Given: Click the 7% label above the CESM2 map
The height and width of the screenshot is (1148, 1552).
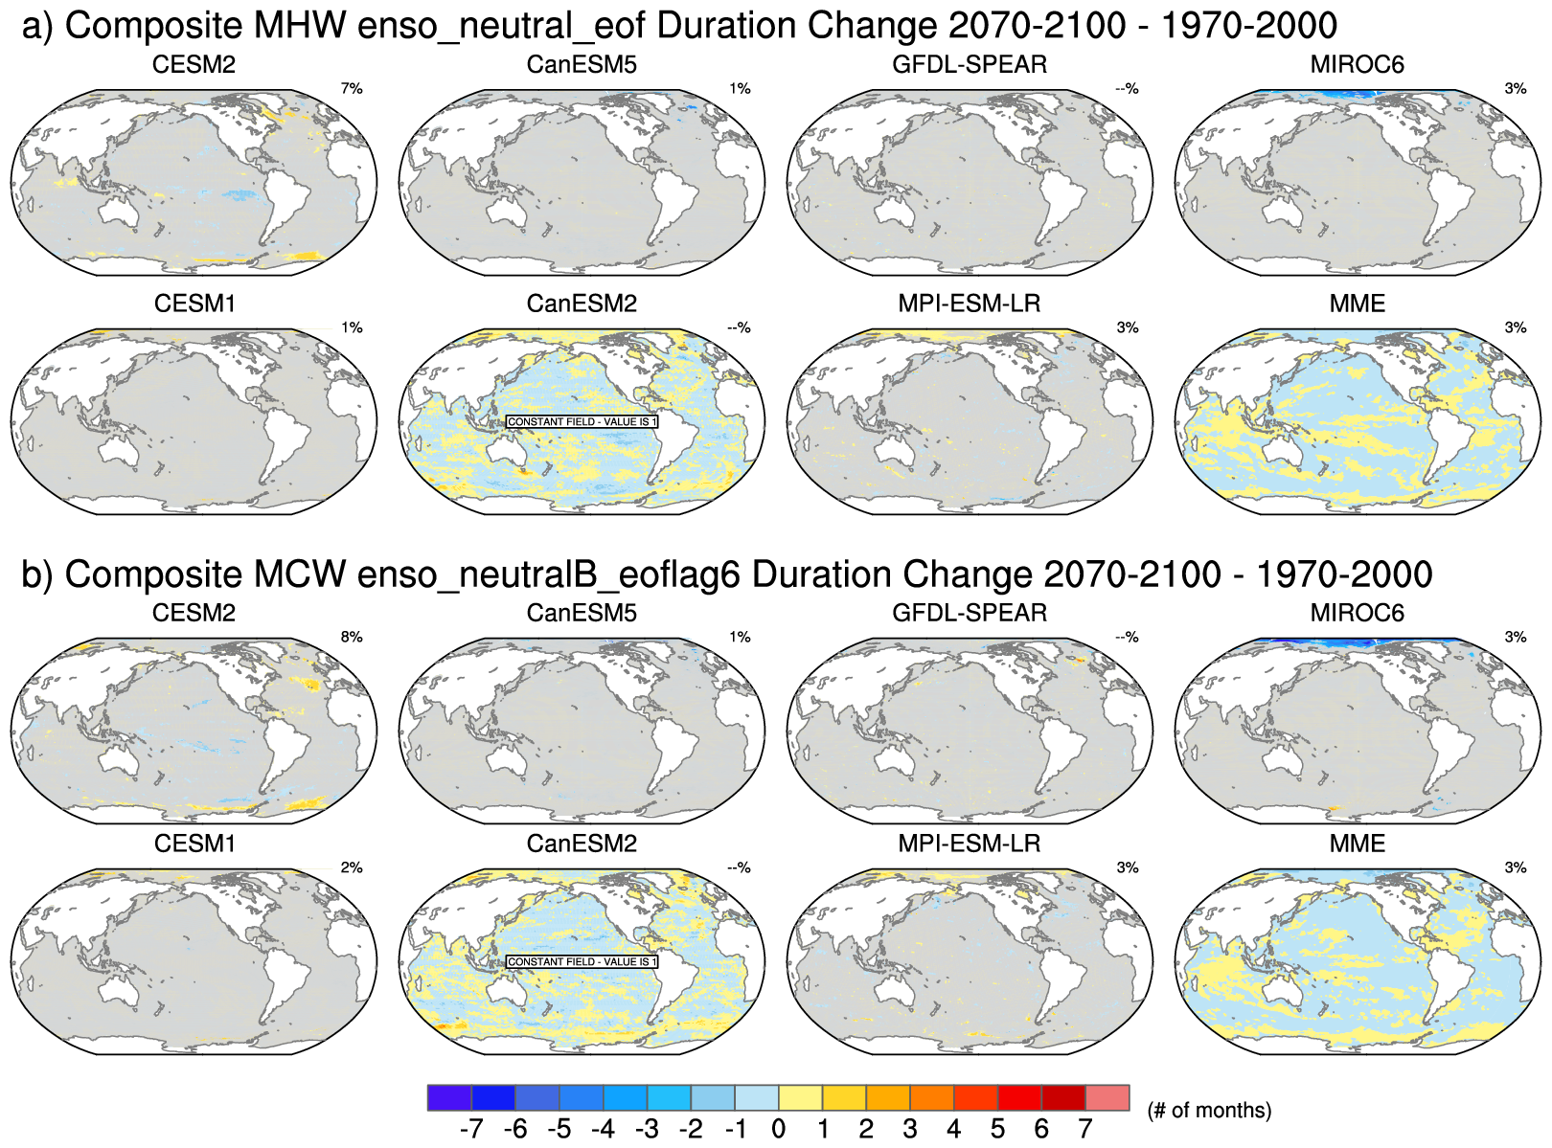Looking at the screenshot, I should coord(352,89).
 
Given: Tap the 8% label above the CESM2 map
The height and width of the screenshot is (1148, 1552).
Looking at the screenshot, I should coord(352,638).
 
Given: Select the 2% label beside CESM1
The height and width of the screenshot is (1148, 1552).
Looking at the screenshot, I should coord(352,867).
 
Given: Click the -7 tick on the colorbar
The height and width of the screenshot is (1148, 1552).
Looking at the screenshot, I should coord(471,1129).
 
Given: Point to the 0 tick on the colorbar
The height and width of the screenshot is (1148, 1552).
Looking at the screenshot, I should coord(778,1129).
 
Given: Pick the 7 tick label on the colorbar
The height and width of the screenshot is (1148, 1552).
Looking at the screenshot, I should coord(1085,1129).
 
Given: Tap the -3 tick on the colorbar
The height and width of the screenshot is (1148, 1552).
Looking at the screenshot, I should coord(647,1129).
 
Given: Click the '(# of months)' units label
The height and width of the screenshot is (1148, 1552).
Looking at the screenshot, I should coord(1209,1111).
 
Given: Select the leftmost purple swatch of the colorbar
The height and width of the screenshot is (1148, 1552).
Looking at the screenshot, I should coord(449,1097).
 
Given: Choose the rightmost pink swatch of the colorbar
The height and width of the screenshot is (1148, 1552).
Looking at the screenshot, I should coord(1107,1097).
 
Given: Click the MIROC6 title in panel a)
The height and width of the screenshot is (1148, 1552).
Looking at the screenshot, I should coord(1357,65).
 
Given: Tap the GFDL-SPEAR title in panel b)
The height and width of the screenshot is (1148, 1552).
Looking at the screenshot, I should coord(970,613).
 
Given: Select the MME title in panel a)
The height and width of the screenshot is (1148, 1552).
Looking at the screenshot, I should coord(1357,304).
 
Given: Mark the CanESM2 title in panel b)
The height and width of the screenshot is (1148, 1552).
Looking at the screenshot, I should coord(582,844).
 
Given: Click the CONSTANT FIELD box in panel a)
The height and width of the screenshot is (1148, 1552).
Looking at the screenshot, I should coord(582,421).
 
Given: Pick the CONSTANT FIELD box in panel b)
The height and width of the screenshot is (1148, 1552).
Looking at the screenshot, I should coord(582,961).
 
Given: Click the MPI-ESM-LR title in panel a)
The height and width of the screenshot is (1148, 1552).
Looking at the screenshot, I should coord(970,304).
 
